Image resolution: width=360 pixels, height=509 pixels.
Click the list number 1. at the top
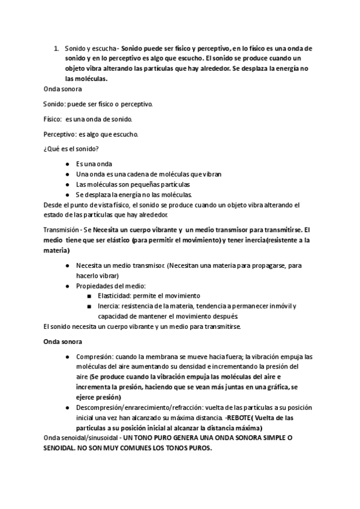[x=56, y=47]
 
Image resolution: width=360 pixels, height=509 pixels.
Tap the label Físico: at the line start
[x=53, y=119]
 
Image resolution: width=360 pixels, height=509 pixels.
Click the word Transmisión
[x=63, y=230]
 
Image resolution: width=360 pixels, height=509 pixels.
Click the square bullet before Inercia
[x=89, y=306]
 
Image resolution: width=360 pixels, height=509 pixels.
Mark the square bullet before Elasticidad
[x=89, y=296]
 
